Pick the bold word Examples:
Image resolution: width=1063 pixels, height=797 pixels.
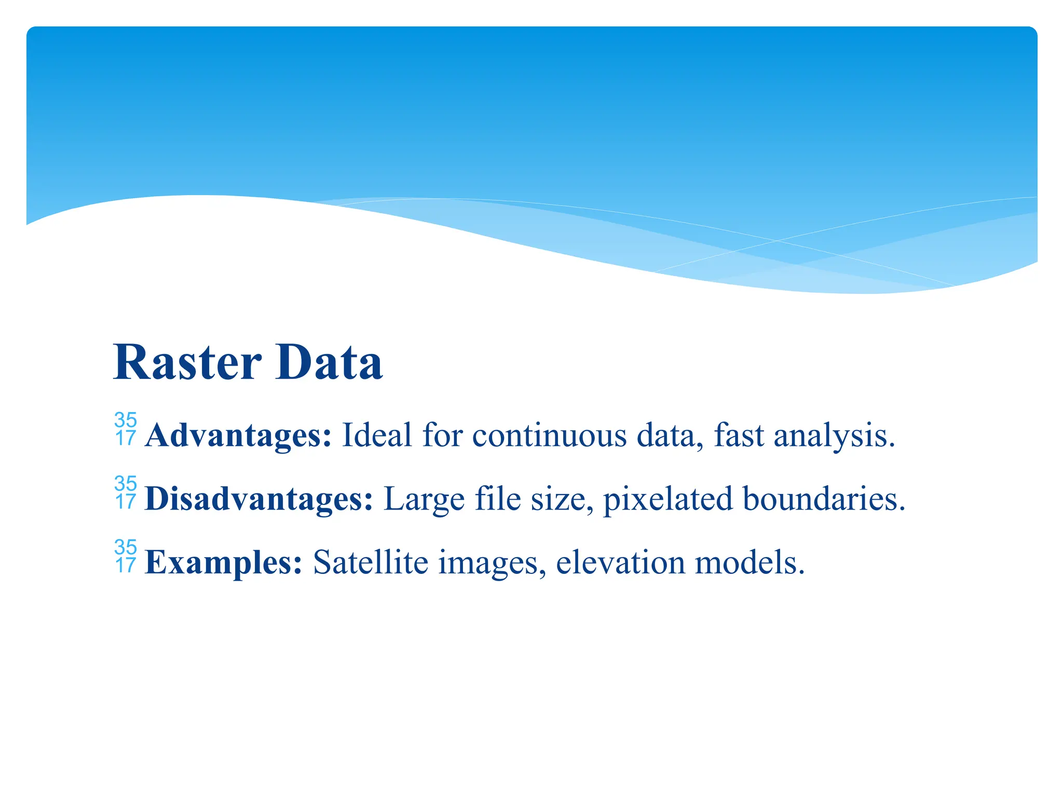pos(224,562)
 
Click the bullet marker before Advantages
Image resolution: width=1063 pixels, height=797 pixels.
pos(126,429)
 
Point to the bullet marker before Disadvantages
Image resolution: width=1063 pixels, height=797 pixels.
pos(126,493)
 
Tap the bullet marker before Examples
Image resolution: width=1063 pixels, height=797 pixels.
pos(126,557)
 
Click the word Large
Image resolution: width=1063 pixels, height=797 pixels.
pos(424,499)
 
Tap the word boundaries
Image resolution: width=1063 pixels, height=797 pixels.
pos(824,499)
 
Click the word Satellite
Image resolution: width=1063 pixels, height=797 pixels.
pos(371,562)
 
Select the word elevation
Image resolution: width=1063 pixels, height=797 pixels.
pos(620,562)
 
